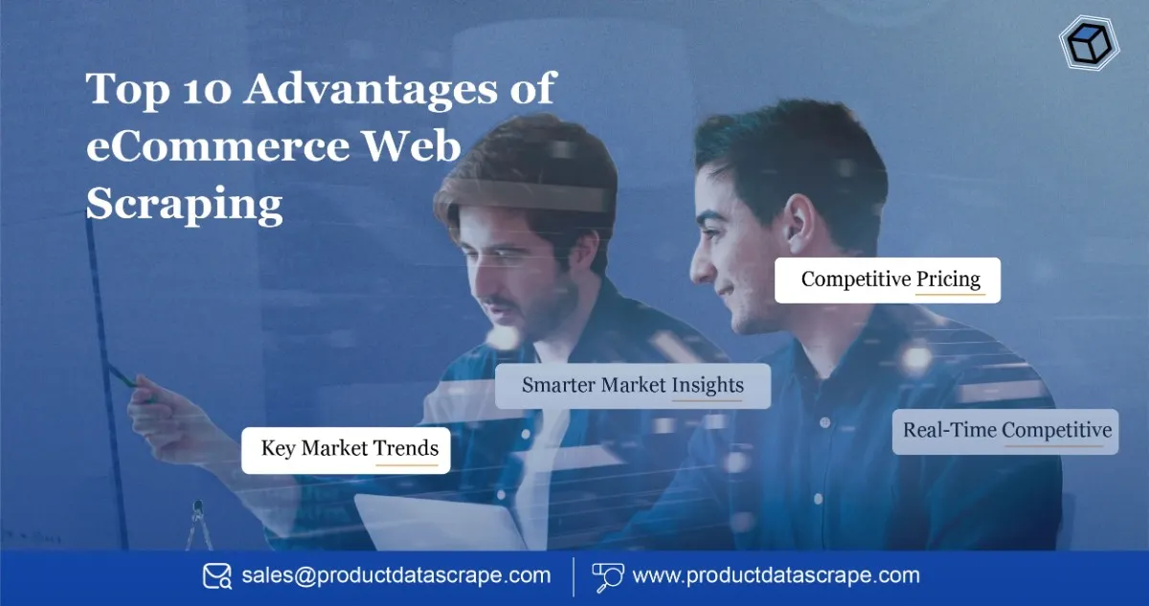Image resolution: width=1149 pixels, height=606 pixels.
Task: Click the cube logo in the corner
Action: (x=1089, y=43)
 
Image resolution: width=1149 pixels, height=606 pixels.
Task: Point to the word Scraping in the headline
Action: (x=185, y=204)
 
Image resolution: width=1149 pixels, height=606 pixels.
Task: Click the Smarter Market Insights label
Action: (x=633, y=386)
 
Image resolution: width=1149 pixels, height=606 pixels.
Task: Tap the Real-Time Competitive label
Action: (x=1006, y=431)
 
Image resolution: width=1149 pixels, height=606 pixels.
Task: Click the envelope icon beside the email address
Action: (x=216, y=576)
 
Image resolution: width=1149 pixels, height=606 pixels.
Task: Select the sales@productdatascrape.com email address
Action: (x=396, y=576)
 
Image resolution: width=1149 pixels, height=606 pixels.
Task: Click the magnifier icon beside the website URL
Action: (x=608, y=576)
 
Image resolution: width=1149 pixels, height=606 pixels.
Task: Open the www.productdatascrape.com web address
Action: (x=776, y=576)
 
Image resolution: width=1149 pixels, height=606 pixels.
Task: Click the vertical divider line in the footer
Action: (x=573, y=576)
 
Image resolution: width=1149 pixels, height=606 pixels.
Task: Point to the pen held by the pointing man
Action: (x=123, y=375)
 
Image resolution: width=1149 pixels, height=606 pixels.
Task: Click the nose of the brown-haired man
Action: (x=496, y=281)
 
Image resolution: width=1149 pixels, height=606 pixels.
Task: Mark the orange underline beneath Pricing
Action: (x=950, y=294)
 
